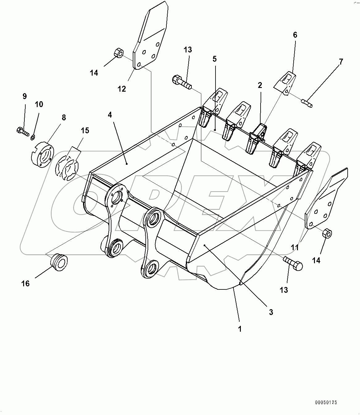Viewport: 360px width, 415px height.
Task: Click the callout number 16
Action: (25, 283)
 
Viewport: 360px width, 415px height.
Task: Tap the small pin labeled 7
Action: (307, 103)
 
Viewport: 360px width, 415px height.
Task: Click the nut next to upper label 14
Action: (119, 53)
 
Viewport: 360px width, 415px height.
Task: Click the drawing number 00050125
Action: (326, 402)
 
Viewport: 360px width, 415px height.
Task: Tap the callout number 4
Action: (110, 114)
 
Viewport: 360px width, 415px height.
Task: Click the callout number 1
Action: (240, 329)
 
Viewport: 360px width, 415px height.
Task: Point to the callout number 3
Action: (271, 312)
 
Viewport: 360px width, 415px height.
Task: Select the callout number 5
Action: (214, 58)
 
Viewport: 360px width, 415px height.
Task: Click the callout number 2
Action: (260, 85)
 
